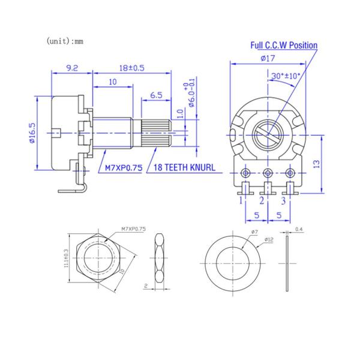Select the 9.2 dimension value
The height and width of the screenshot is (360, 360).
(71, 68)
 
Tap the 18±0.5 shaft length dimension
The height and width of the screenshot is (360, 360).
(133, 68)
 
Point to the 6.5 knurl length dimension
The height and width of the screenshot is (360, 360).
(156, 95)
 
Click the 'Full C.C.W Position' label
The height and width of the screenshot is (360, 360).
(284, 45)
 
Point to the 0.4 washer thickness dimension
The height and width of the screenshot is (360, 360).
(299, 229)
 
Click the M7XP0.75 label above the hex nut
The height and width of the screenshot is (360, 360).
(134, 229)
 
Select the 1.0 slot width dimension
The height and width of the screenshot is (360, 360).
(179, 112)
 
